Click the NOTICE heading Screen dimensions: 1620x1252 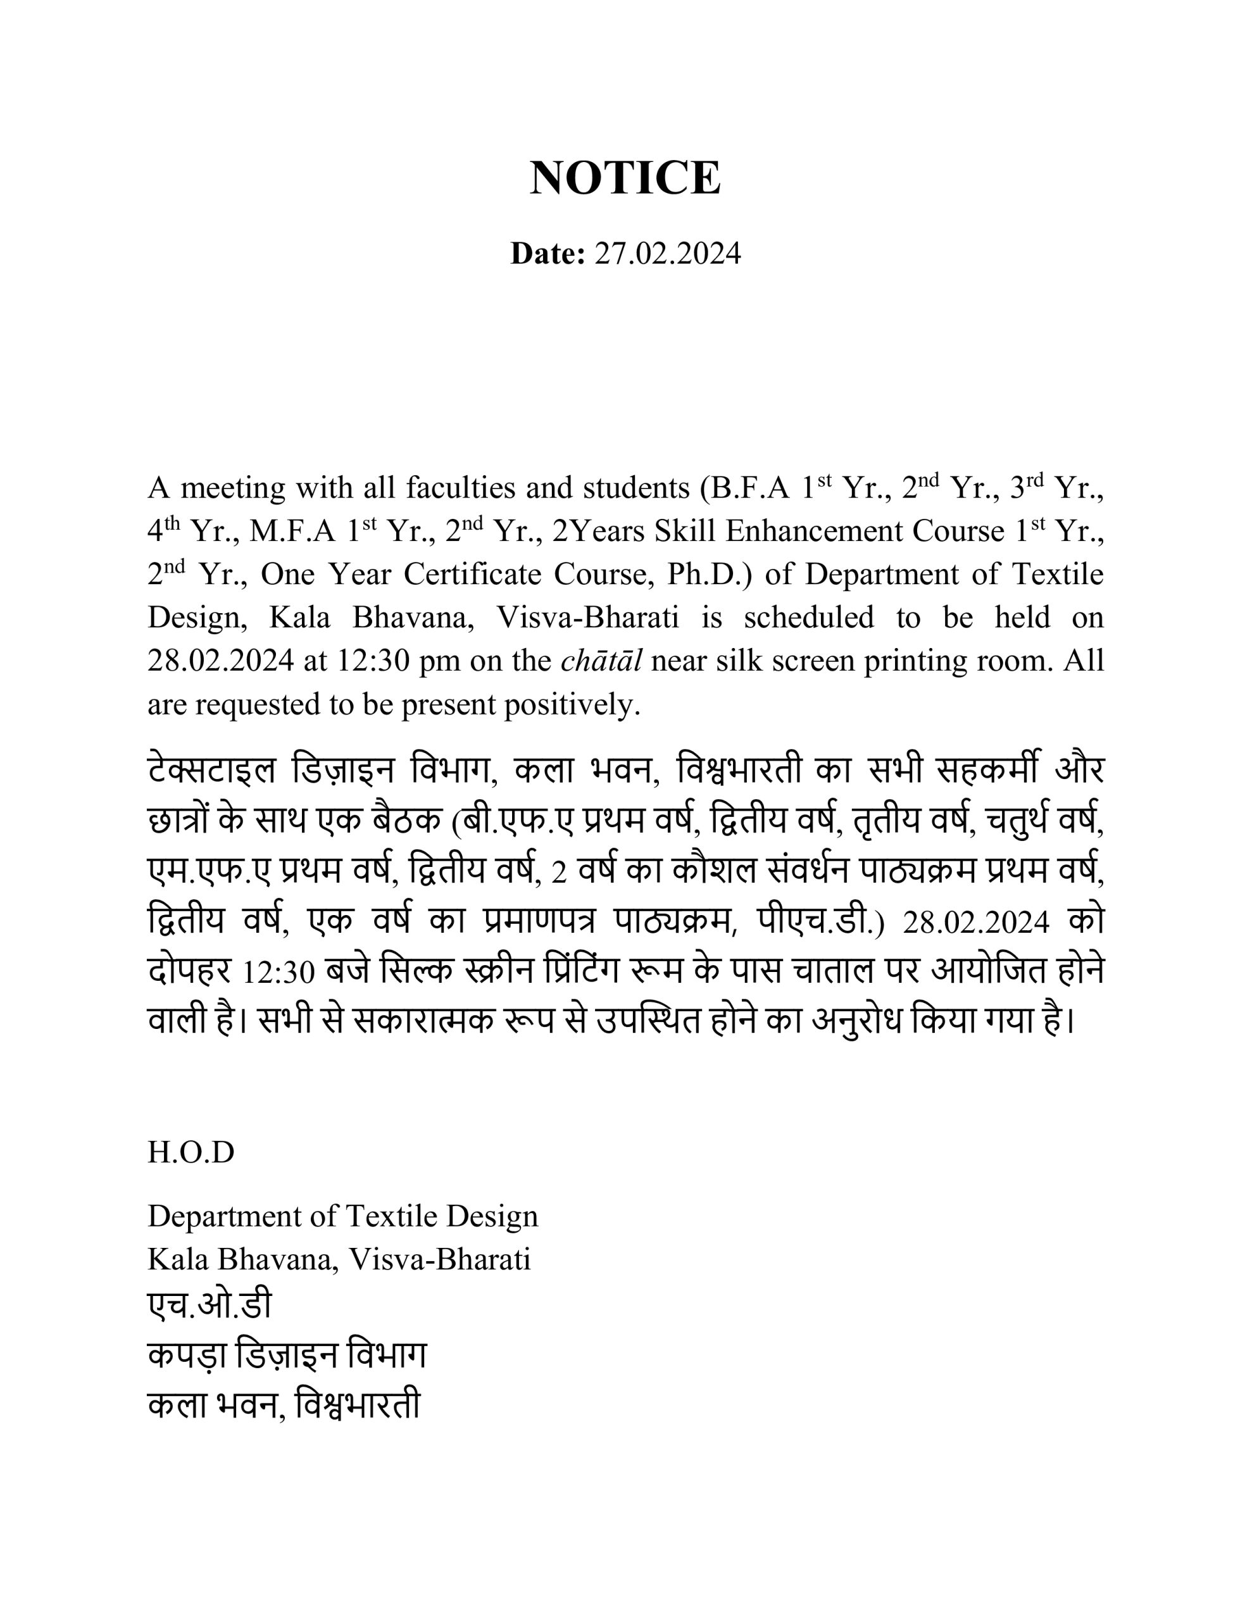pos(625,178)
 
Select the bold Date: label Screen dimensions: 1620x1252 pos(548,254)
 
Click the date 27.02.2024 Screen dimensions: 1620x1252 pos(667,254)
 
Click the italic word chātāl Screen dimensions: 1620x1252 pos(601,660)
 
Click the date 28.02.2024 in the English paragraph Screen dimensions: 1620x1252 pos(220,660)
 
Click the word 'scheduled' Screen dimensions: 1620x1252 pos(808,617)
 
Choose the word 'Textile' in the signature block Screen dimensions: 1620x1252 pos(399,1216)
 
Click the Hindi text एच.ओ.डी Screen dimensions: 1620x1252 pos(210,1305)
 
